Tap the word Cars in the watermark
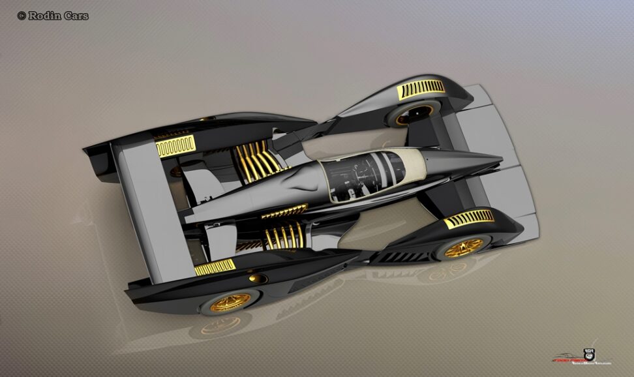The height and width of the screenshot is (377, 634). coord(76,16)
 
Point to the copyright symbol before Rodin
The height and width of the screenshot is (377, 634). coord(22,16)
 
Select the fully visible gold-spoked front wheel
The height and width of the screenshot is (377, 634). coord(465,247)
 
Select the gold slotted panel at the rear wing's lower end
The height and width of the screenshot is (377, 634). coord(214,267)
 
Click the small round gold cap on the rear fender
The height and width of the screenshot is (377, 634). coord(252,279)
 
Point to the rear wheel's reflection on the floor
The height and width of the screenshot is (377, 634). coord(215,326)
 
